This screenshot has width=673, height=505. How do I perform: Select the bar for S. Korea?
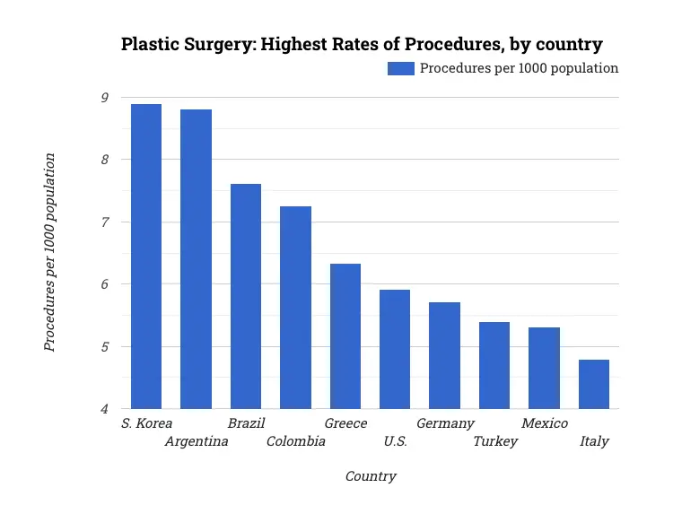tap(146, 257)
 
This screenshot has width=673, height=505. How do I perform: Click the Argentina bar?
tap(196, 259)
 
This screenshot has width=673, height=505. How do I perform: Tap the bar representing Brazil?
tap(246, 296)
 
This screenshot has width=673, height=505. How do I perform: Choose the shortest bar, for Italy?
tap(594, 384)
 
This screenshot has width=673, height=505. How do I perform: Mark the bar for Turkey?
tap(494, 365)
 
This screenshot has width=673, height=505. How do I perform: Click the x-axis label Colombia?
tap(296, 441)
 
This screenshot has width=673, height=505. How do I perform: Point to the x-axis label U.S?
tap(395, 441)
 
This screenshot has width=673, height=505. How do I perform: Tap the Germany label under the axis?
tap(445, 423)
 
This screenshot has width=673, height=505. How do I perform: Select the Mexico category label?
tap(545, 423)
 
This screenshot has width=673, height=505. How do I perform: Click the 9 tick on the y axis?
tap(105, 98)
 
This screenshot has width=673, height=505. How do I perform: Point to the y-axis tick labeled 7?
tap(105, 222)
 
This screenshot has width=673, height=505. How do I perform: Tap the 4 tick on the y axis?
tap(105, 409)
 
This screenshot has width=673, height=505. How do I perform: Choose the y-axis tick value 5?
tap(105, 347)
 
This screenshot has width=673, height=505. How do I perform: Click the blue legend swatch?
tap(401, 68)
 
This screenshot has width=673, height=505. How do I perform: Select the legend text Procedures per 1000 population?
tap(520, 68)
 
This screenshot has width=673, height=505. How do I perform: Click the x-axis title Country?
tap(371, 476)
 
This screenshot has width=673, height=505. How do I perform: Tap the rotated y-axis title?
tap(50, 252)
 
